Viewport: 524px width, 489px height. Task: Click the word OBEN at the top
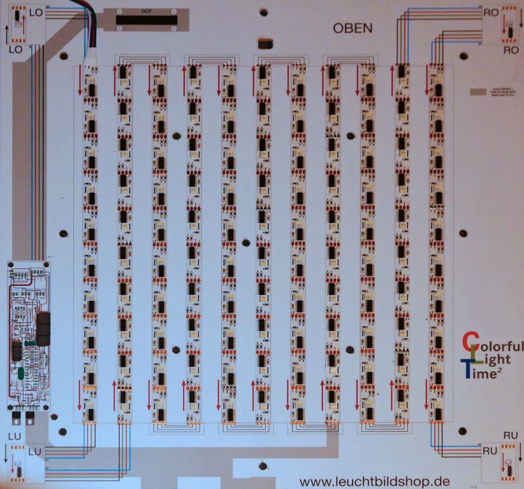click(352, 29)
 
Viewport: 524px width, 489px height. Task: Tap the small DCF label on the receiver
click(146, 11)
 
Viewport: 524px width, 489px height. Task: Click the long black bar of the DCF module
click(146, 20)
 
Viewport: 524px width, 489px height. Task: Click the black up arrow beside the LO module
click(7, 32)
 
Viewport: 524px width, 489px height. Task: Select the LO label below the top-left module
click(15, 49)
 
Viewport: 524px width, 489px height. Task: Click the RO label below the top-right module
click(510, 49)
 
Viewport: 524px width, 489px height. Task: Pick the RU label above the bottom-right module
click(511, 436)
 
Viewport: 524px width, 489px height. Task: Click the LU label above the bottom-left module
click(15, 436)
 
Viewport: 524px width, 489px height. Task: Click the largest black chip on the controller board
click(43, 328)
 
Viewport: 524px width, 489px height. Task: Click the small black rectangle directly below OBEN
click(266, 45)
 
